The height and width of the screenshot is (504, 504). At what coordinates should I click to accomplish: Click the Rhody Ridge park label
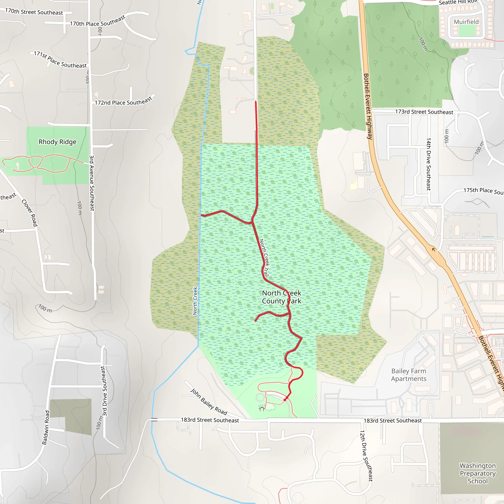57,142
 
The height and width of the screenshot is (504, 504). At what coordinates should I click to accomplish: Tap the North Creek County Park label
282,297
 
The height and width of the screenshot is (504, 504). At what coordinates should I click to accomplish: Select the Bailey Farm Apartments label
409,375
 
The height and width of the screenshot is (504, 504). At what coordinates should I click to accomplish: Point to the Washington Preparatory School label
477,473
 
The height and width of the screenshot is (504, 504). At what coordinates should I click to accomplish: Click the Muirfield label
466,22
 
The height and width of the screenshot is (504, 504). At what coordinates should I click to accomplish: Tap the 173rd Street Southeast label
424,112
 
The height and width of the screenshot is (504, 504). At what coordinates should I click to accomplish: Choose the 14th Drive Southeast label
428,164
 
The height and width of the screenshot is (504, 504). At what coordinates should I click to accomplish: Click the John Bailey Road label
209,402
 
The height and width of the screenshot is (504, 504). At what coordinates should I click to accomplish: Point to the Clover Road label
30,213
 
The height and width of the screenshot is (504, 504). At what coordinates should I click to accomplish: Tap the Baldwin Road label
46,427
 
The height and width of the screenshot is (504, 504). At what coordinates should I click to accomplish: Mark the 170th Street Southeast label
34,12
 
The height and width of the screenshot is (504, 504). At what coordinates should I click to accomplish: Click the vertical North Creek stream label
195,301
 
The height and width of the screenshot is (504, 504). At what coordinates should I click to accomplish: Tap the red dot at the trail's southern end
285,400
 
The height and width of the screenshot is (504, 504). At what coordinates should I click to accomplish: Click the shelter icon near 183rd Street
262,408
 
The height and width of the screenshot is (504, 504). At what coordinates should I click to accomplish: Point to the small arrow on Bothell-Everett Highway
434,250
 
